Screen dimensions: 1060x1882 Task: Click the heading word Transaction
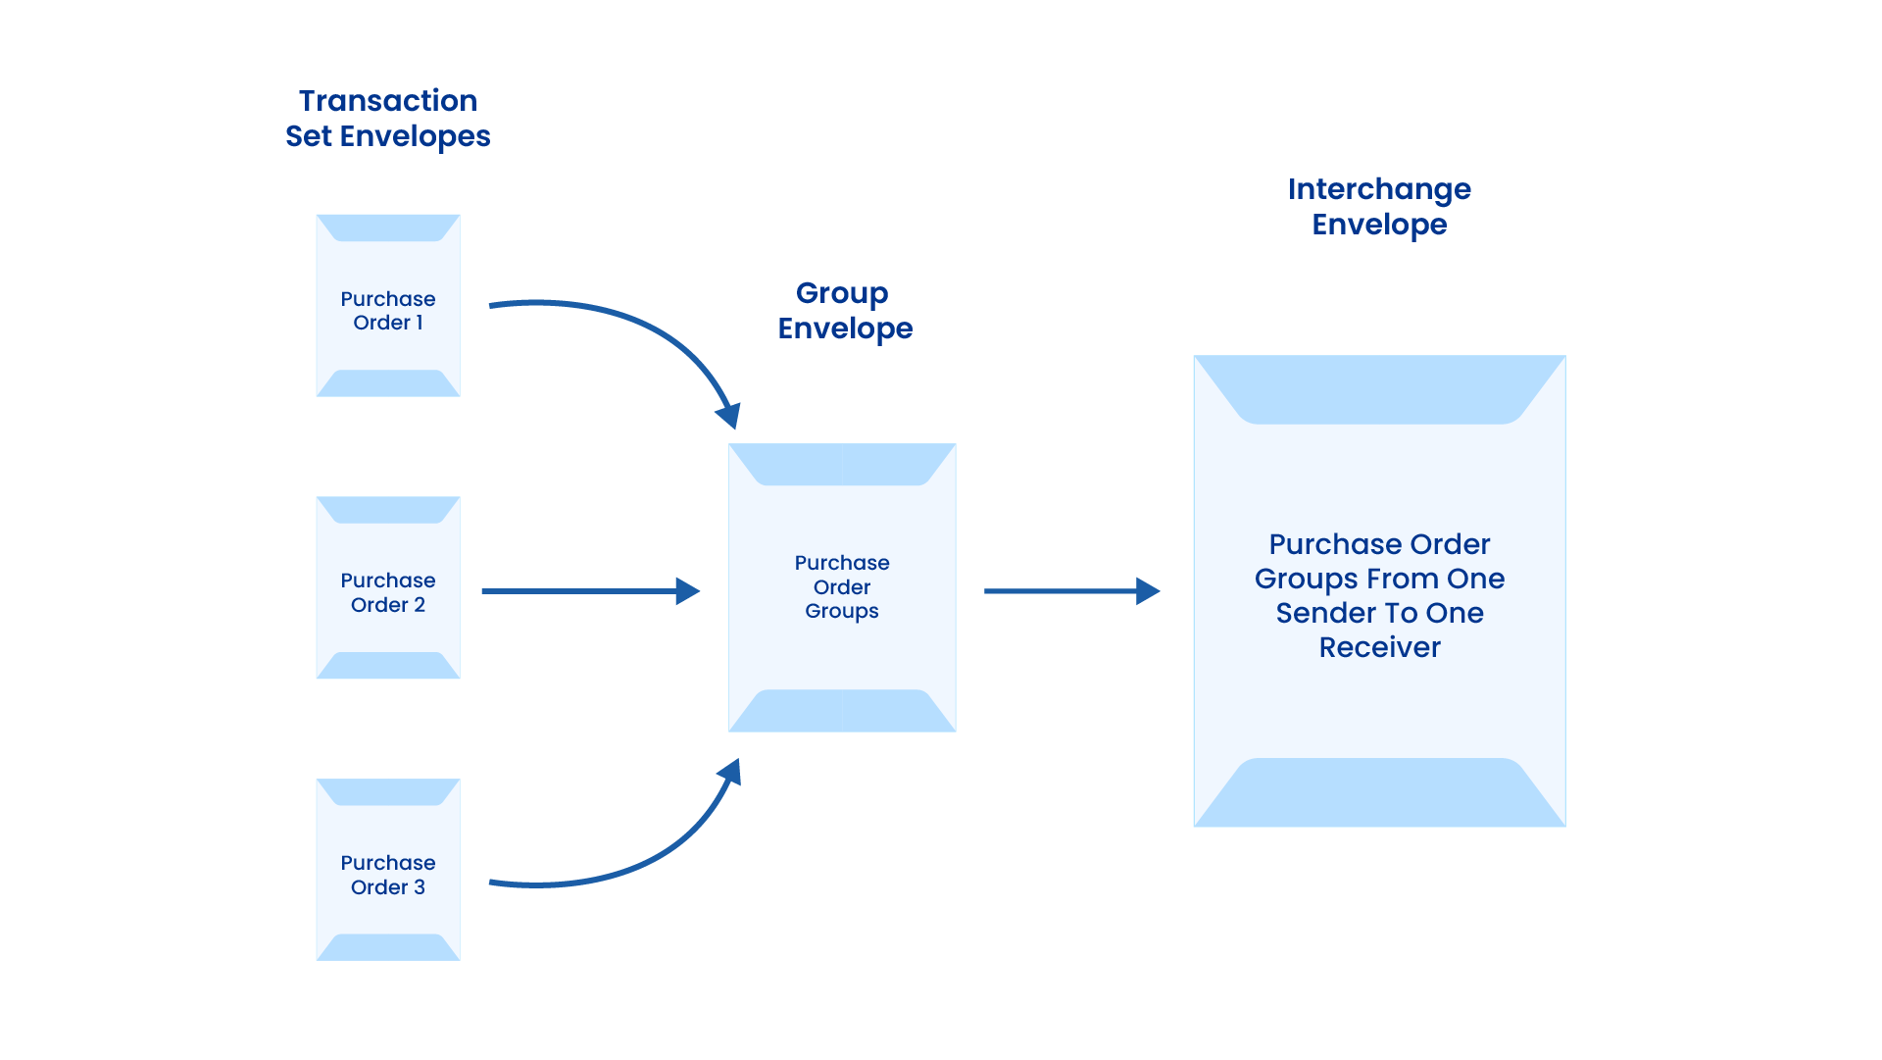[387, 101]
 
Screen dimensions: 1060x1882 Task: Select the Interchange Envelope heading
[1378, 207]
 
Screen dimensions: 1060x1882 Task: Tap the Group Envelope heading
[844, 311]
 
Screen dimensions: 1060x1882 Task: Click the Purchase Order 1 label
[387, 311]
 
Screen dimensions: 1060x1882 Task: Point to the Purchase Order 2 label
[387, 592]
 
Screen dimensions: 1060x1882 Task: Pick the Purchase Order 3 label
[387, 875]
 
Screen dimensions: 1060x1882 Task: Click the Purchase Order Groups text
[841, 586]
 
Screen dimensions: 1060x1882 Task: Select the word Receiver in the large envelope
[1378, 647]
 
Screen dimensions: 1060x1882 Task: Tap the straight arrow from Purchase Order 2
[588, 591]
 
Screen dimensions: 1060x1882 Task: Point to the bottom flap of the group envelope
[841, 711]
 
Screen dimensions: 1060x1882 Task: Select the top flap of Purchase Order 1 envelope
[387, 227]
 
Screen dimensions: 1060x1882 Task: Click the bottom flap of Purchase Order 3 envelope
[387, 947]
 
